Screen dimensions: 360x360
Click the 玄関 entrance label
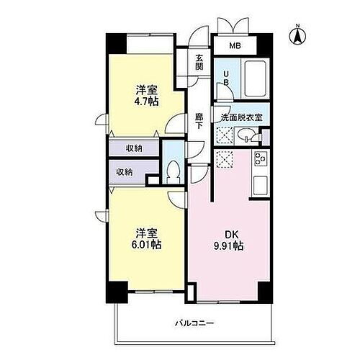coord(199,63)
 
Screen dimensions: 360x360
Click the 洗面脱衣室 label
coord(240,117)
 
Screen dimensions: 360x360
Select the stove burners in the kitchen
coord(259,160)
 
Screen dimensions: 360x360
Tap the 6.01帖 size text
coord(146,245)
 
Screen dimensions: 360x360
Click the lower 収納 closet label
coord(124,172)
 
